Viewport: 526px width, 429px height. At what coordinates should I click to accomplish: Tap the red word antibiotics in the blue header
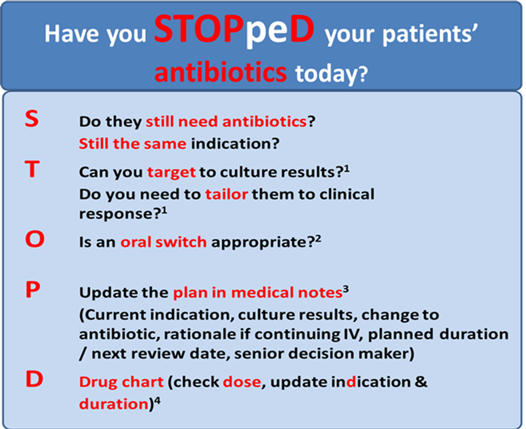220,72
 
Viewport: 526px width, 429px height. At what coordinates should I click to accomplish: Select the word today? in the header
331,74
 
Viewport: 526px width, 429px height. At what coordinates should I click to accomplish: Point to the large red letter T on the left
32,169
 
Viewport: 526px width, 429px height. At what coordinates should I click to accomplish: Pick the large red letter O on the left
35,239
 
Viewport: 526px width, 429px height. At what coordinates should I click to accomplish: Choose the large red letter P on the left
33,290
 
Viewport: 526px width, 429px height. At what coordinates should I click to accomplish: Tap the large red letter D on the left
34,379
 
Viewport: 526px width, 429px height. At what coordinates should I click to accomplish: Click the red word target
172,172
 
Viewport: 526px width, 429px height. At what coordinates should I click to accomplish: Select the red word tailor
226,194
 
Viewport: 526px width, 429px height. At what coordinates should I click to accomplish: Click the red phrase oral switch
163,242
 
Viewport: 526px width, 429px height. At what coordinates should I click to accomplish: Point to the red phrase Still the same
133,144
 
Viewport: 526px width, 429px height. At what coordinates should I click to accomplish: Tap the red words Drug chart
121,382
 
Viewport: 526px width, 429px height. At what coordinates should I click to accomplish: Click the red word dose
242,382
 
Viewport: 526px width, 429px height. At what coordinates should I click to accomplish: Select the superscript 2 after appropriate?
318,239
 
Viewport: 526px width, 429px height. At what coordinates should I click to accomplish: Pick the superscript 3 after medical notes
346,289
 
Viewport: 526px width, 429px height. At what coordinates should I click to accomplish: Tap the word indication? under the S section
235,144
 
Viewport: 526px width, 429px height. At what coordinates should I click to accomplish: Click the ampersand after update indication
421,382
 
